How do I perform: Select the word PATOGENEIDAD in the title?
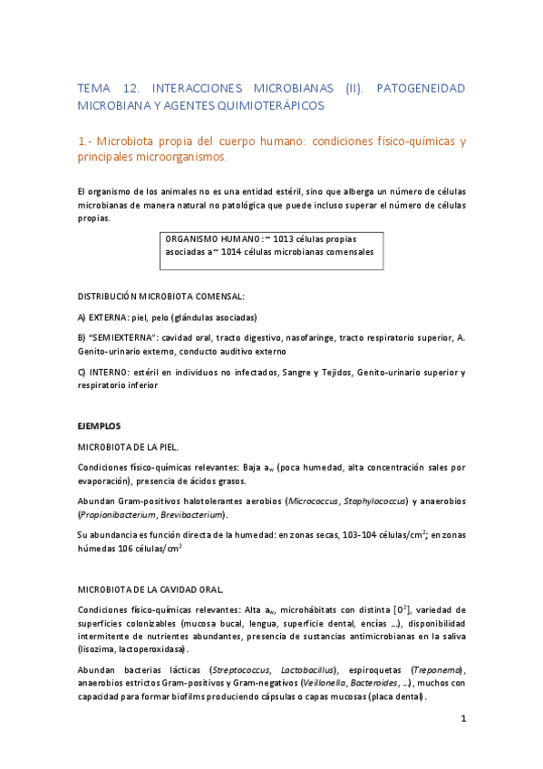[419, 88]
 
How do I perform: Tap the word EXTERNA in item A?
[112, 317]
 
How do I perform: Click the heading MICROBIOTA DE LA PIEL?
[128, 446]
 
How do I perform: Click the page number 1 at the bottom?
[462, 719]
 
